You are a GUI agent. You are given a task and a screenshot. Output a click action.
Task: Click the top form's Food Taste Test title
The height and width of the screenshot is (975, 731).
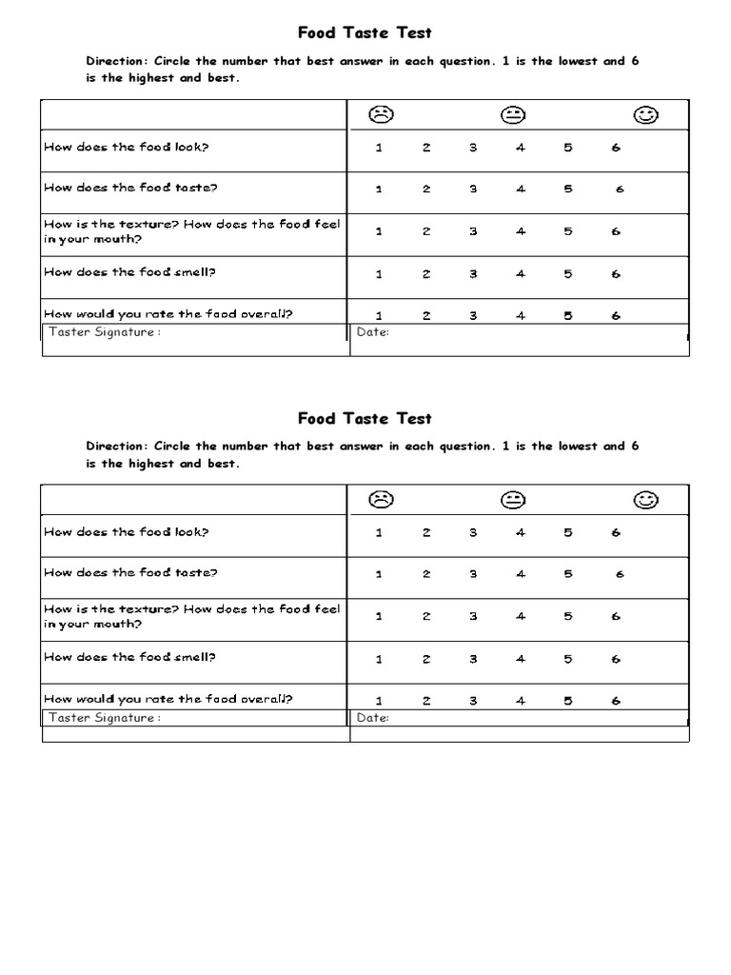(x=365, y=33)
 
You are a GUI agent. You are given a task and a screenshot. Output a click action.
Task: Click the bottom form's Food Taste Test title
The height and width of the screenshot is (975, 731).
(x=365, y=419)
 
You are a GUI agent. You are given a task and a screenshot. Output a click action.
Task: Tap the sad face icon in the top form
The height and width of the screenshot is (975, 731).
(x=382, y=115)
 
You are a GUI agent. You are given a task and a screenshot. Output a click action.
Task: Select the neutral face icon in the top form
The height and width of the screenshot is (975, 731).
(x=514, y=115)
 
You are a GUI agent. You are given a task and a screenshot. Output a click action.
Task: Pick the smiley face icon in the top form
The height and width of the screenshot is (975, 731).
(x=646, y=115)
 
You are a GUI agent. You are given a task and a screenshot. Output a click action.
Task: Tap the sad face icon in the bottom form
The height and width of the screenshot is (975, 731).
(x=382, y=500)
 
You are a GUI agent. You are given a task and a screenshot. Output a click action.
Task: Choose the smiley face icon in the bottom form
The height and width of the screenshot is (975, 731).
(x=646, y=500)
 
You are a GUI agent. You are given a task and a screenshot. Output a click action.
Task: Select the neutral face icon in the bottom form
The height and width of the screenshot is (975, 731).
(x=514, y=500)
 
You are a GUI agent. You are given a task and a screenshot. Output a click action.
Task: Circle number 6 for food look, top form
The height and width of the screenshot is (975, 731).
(x=616, y=148)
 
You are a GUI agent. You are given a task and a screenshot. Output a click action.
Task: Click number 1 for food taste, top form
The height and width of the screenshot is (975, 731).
(x=379, y=189)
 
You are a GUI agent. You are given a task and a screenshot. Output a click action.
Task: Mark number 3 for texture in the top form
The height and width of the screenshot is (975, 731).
(x=473, y=231)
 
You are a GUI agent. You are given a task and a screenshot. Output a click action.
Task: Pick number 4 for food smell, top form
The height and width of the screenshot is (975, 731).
(x=521, y=274)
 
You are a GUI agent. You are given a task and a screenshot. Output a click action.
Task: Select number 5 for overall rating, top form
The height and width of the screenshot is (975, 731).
(x=568, y=316)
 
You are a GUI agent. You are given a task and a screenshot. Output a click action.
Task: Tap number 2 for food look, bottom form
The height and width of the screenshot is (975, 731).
(x=426, y=533)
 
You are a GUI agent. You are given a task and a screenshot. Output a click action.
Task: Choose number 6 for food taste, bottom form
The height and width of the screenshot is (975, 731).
(x=620, y=574)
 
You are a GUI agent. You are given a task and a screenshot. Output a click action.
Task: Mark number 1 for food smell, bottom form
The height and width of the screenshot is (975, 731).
(x=379, y=659)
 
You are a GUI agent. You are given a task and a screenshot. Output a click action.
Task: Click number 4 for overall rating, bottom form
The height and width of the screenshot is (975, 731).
(x=521, y=701)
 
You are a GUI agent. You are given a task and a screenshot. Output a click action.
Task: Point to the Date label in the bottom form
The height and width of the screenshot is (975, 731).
(x=372, y=718)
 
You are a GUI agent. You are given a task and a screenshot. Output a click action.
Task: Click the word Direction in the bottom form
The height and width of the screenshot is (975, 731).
(x=115, y=447)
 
